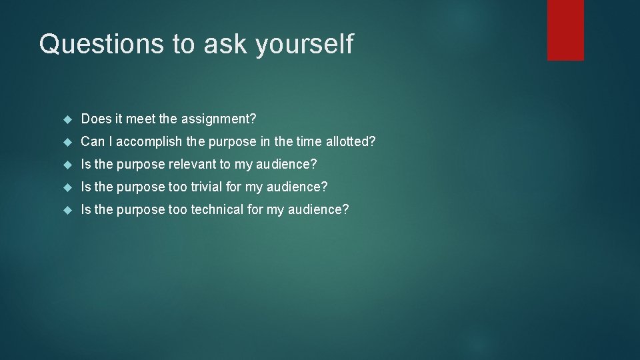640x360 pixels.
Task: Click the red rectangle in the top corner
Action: coord(565,30)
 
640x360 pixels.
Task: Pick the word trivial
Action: coord(207,187)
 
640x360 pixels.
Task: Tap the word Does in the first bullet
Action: coord(95,119)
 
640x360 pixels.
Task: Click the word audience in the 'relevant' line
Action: coord(287,165)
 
